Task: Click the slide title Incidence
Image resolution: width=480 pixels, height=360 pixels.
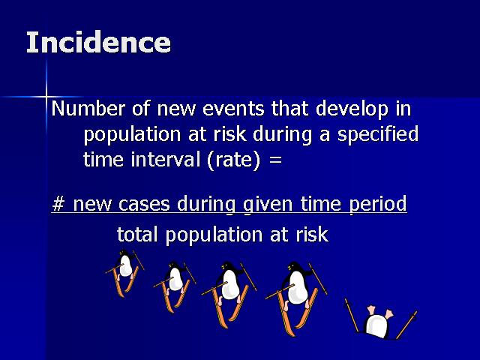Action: pyautogui.click(x=98, y=42)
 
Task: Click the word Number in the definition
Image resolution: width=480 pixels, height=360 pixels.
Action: pyautogui.click(x=88, y=108)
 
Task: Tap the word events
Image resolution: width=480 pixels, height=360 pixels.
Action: pyautogui.click(x=233, y=108)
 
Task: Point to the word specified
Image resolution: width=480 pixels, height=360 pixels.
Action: pyautogui.click(x=378, y=135)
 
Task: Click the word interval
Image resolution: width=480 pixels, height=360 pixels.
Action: pyautogui.click(x=165, y=159)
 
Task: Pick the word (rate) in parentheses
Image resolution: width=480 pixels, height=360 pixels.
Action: pyautogui.click(x=234, y=160)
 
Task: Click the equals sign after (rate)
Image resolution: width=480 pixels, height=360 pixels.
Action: pyautogui.click(x=275, y=160)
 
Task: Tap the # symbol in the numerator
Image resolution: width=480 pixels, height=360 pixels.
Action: pyautogui.click(x=58, y=203)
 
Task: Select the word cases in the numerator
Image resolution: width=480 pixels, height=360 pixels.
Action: pyautogui.click(x=144, y=204)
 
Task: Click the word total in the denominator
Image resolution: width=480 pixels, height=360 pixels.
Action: pyautogui.click(x=137, y=235)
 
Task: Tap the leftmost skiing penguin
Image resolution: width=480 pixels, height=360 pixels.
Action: pyautogui.click(x=124, y=272)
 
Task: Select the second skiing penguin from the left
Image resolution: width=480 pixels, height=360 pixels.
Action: pyautogui.click(x=175, y=285)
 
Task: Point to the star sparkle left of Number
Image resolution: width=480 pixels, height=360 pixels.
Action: pyautogui.click(x=46, y=97)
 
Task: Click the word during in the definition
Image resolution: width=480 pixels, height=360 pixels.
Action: pyautogui.click(x=283, y=135)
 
